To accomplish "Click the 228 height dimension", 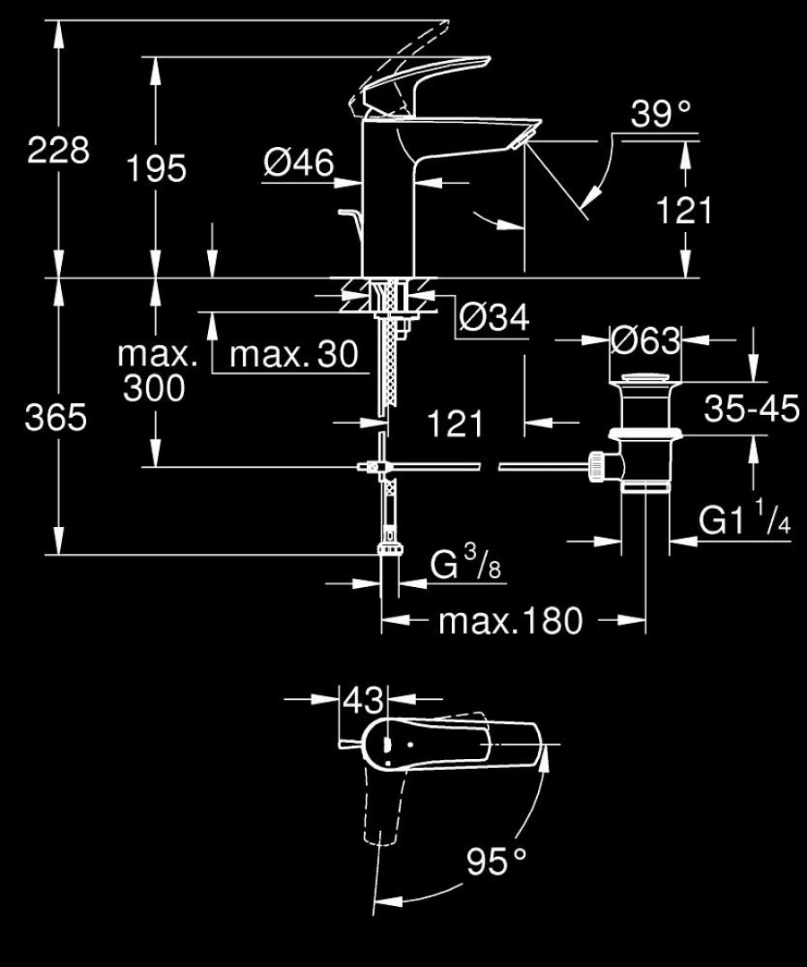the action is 58,150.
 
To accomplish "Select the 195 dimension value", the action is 156,168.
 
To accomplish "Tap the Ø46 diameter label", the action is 299,163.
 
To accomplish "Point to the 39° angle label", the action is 660,114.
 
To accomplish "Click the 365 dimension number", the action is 56,418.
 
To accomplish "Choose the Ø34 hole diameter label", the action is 494,318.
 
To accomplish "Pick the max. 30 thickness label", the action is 294,355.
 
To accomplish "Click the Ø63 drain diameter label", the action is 646,341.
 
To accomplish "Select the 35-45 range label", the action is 751,409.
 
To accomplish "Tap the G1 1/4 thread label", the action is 745,518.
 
